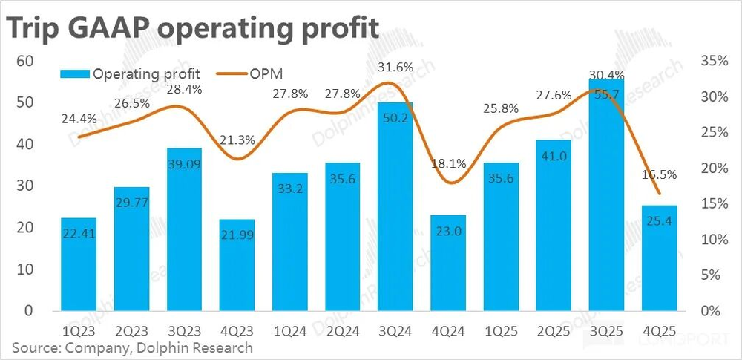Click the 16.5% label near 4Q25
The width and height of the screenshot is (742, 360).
660,176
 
